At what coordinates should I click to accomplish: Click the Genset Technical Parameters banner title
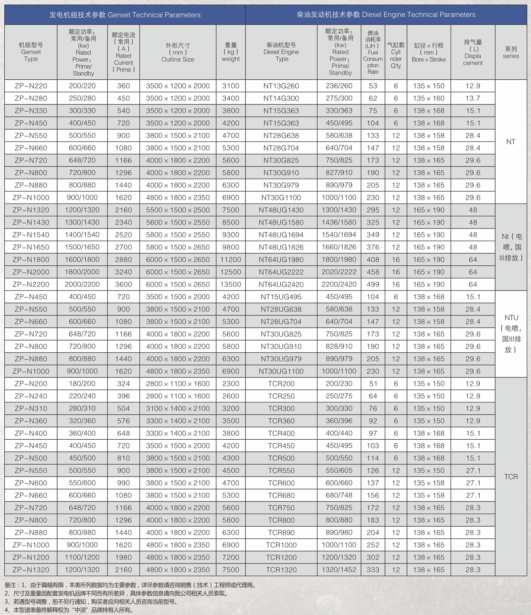(x=125, y=15)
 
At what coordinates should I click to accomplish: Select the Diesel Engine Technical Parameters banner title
(x=386, y=15)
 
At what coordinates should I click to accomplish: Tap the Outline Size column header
(x=178, y=52)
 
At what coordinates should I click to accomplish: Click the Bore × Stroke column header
(x=428, y=52)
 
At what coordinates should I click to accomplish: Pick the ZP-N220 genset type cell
(x=31, y=86)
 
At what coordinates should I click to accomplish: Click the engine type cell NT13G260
(x=281, y=86)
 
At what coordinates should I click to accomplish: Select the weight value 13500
(x=231, y=285)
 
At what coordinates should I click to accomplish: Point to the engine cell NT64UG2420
(x=281, y=285)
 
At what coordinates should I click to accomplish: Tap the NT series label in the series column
(x=511, y=142)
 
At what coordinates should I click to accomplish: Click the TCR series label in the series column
(x=511, y=477)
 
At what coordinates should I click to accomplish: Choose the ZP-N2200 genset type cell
(x=31, y=285)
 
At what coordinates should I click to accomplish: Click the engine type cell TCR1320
(x=281, y=570)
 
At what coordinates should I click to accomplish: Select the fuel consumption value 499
(x=373, y=285)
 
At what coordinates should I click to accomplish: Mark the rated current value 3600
(x=123, y=285)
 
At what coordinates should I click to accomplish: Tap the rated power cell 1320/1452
(x=339, y=570)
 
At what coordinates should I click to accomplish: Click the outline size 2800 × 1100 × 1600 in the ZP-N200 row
(x=178, y=384)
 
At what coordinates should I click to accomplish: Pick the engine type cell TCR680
(x=281, y=495)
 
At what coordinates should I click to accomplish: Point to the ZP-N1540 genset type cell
(x=31, y=235)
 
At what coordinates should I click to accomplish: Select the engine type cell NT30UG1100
(x=281, y=371)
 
